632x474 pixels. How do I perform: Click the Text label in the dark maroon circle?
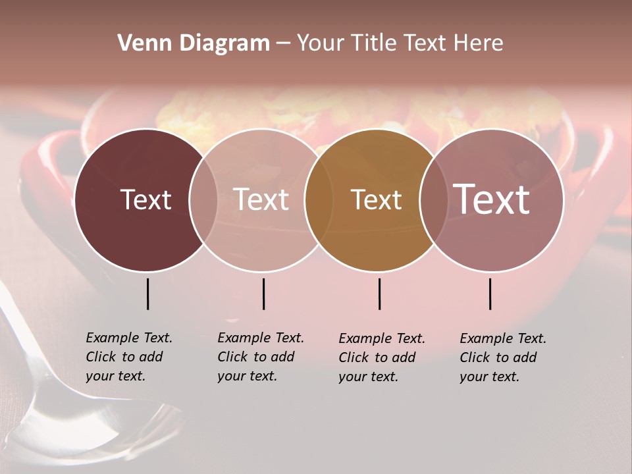pyautogui.click(x=145, y=199)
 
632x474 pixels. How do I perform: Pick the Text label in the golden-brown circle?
pyautogui.click(x=376, y=199)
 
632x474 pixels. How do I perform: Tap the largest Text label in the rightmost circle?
pyautogui.click(x=492, y=199)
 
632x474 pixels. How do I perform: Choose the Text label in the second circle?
pyautogui.click(x=261, y=199)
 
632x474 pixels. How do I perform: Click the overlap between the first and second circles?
pyautogui.click(x=203, y=200)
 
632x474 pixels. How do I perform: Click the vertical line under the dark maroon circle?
pyautogui.click(x=147, y=294)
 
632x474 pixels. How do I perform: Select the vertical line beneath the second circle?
pyautogui.click(x=263, y=294)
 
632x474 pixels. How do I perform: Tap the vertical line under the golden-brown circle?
pyautogui.click(x=379, y=294)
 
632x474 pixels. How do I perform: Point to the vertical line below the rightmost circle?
pyautogui.click(x=490, y=294)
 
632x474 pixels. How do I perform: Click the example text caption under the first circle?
pyautogui.click(x=129, y=357)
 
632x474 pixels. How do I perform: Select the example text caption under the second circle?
pyautogui.click(x=261, y=357)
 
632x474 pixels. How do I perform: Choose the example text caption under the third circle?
pyautogui.click(x=382, y=357)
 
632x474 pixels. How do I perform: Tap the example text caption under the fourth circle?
pyautogui.click(x=503, y=357)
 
